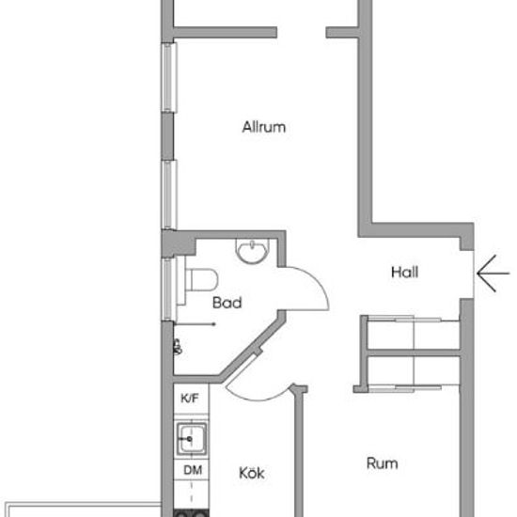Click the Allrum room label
point(264,127)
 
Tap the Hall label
point(404,273)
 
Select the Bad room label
point(227,303)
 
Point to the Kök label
point(252,473)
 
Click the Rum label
point(383,463)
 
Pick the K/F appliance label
point(190,399)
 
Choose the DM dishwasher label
point(193,470)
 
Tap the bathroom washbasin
point(252,251)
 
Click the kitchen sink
point(192,439)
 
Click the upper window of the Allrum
point(169,77)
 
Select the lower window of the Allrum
point(169,195)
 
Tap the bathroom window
point(168,290)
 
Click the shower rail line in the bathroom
point(195,324)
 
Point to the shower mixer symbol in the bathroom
point(178,347)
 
